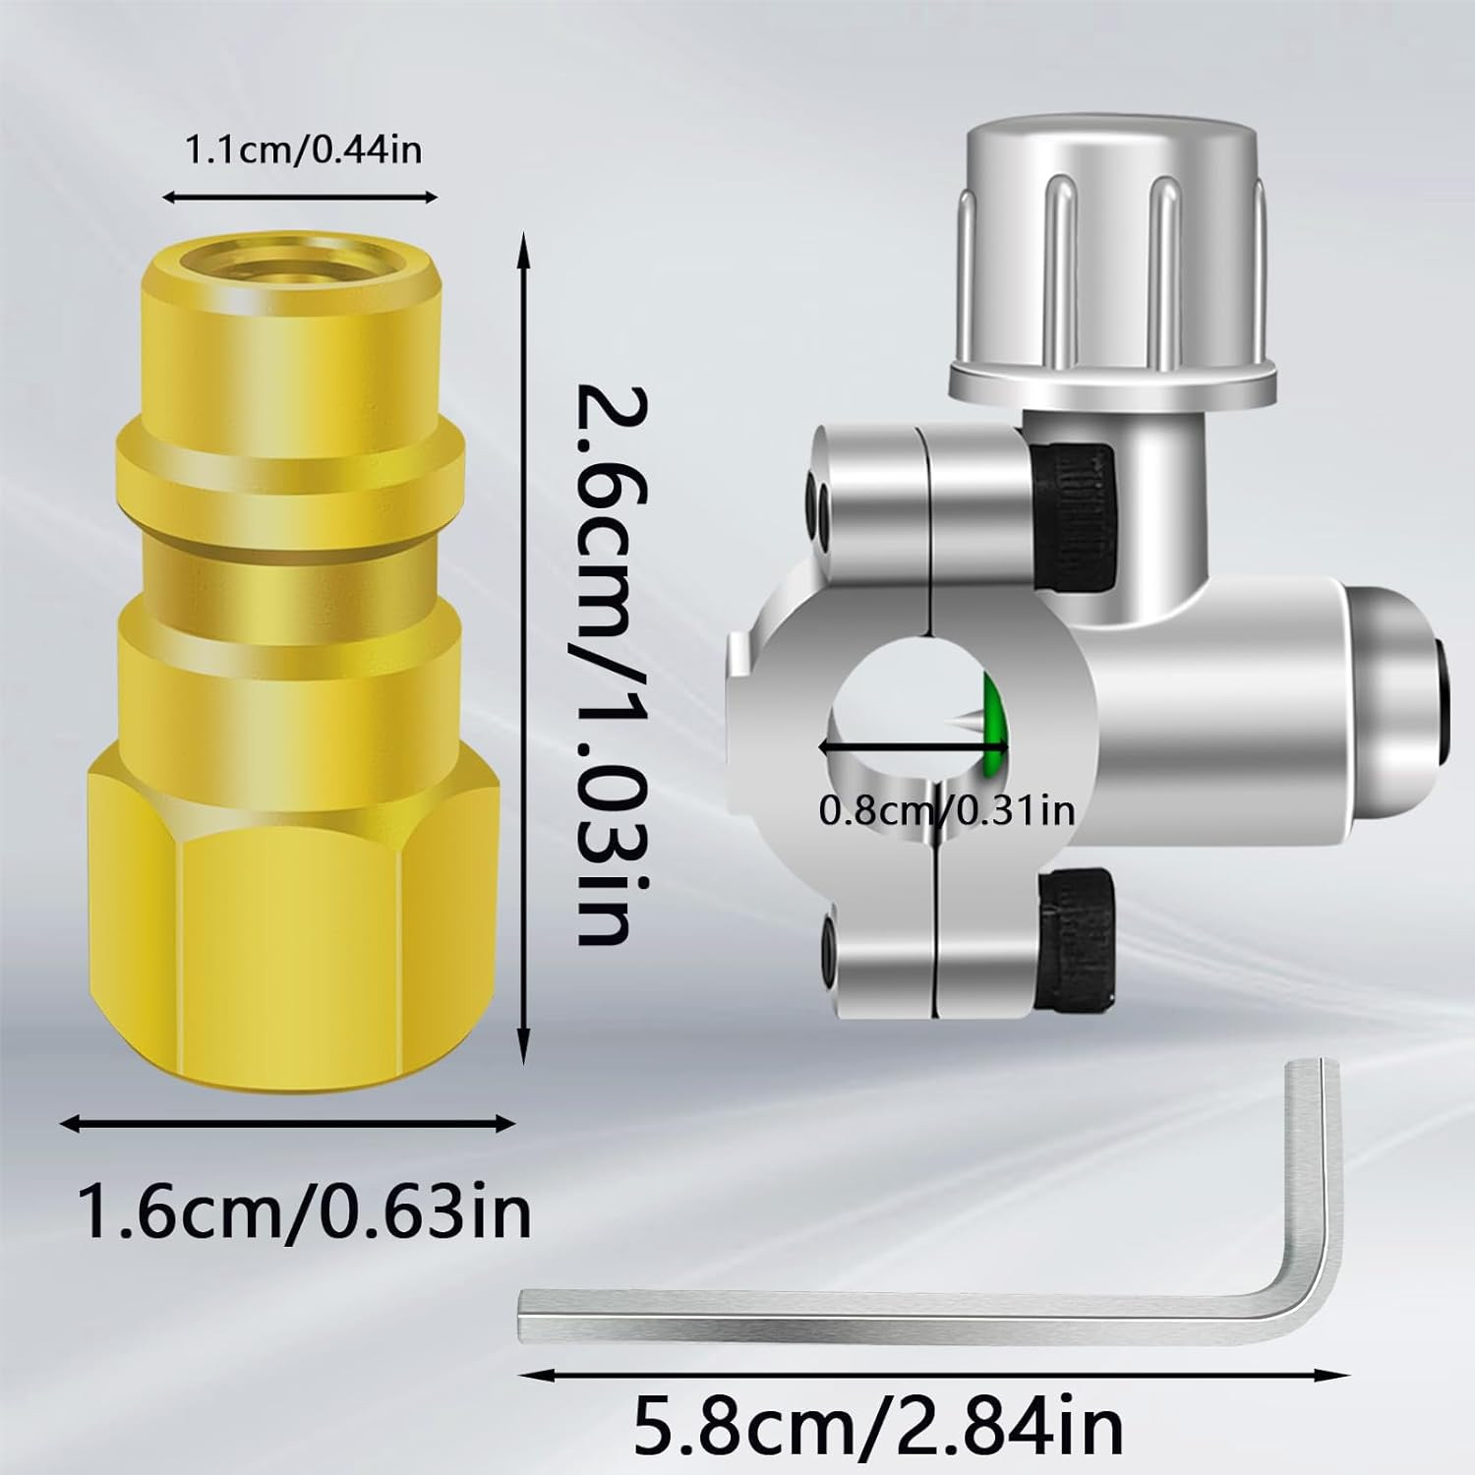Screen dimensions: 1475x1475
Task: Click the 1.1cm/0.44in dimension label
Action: tap(304, 150)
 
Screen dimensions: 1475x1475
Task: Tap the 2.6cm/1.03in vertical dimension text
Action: tap(602, 664)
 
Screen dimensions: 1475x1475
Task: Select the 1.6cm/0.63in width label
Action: tap(305, 1212)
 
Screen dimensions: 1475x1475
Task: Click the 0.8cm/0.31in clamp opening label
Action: tap(947, 811)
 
